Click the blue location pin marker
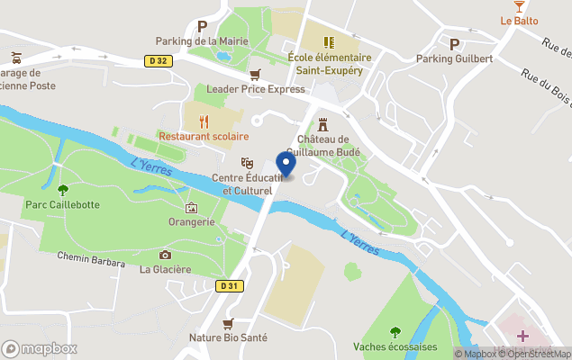pos(286,166)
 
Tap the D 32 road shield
pos(159,61)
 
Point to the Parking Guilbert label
pos(454,58)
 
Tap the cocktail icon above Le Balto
pos(519,6)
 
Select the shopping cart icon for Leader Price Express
pos(255,74)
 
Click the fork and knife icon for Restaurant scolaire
pos(204,120)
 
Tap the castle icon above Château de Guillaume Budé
pos(322,124)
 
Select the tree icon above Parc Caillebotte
pos(62,189)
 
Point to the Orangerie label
pos(191,222)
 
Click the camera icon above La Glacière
pos(165,255)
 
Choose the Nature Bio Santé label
pos(229,338)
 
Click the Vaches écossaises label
pos(395,346)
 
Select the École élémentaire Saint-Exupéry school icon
pos(329,41)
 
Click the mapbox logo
pos(40,348)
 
